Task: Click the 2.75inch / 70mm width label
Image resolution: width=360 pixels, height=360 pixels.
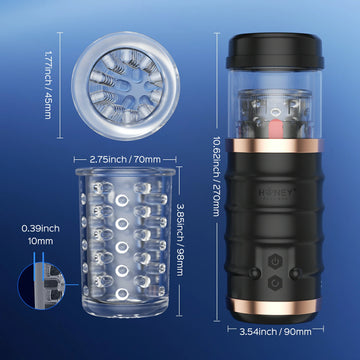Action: [x=125, y=160]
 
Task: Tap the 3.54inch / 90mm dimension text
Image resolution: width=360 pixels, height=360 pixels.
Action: [x=275, y=331]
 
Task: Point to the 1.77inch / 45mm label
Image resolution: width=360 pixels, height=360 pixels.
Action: [x=49, y=85]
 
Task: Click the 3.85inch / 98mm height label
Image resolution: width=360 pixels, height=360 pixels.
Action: [x=180, y=240]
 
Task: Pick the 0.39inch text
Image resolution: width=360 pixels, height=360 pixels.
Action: [x=41, y=229]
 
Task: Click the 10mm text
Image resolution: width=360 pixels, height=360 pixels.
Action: [x=41, y=241]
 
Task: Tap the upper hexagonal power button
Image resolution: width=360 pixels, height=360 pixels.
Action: [x=275, y=261]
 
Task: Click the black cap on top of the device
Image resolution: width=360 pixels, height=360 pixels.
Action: [x=275, y=51]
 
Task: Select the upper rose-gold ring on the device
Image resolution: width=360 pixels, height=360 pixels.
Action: [x=275, y=146]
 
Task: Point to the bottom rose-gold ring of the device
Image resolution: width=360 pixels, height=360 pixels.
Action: [x=275, y=306]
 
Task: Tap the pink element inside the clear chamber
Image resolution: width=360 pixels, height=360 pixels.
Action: [x=275, y=128]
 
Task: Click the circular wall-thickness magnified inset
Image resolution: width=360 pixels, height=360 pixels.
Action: [x=41, y=286]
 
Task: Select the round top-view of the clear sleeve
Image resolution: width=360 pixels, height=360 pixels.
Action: [x=125, y=86]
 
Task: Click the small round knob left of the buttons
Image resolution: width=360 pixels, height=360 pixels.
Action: [x=255, y=273]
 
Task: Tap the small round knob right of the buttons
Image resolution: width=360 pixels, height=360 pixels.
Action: [x=295, y=273]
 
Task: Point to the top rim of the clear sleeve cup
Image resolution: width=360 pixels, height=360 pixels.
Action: [x=125, y=172]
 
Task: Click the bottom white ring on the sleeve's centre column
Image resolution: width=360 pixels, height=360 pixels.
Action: [x=122, y=294]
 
